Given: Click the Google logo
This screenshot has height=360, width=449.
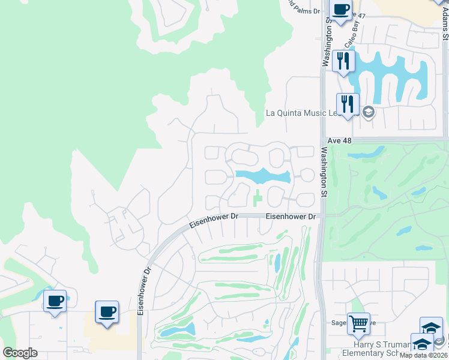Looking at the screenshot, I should click(x=20, y=353).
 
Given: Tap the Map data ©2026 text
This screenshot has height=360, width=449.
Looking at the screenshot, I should click(x=424, y=355).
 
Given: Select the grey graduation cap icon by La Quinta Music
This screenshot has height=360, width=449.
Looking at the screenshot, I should click(x=367, y=112).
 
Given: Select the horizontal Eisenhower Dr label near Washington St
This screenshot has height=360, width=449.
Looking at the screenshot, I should click(x=291, y=216).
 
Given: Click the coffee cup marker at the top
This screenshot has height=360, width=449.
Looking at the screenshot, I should click(x=341, y=11).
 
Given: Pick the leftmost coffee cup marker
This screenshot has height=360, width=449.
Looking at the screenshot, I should click(x=55, y=301).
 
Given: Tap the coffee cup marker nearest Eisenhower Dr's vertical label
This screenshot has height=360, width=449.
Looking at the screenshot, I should click(x=107, y=312).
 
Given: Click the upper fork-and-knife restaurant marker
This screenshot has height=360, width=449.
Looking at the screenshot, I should click(x=343, y=61).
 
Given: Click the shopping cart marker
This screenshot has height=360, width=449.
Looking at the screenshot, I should click(x=358, y=324).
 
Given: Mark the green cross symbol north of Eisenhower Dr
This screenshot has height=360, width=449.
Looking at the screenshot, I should click(x=258, y=196).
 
